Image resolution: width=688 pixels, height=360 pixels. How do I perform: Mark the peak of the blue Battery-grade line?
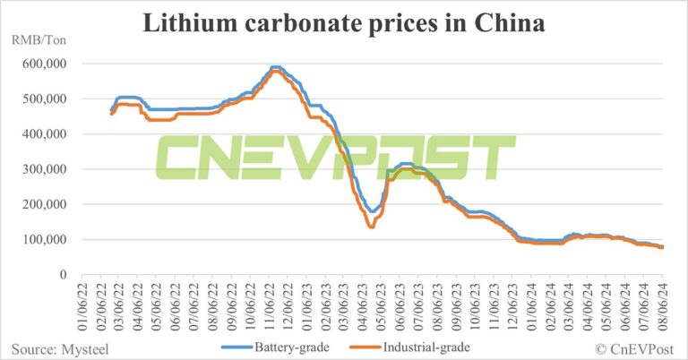pos(276,68)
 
